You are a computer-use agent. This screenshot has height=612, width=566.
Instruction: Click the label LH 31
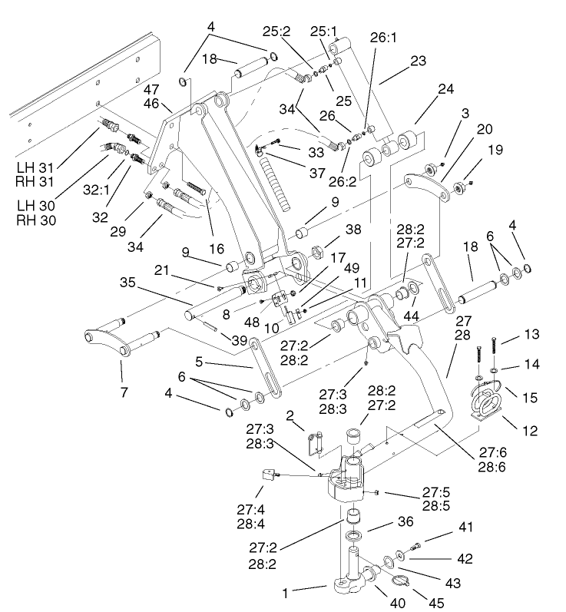pyautogui.click(x=34, y=166)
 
